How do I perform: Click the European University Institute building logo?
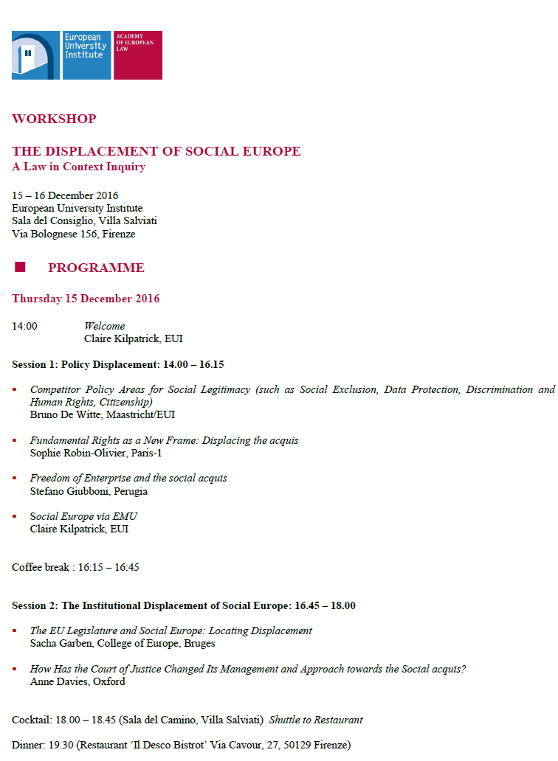point(35,55)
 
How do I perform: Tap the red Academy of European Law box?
point(137,55)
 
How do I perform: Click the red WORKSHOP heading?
point(54,119)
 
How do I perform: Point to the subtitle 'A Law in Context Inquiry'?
point(78,167)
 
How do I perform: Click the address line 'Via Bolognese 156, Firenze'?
point(73,234)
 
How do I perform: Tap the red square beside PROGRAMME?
point(20,267)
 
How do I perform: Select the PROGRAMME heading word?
point(96,268)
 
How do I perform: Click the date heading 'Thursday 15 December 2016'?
point(86,299)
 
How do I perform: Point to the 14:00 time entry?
point(24,326)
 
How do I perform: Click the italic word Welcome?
point(104,326)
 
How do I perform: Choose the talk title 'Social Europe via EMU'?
point(83,516)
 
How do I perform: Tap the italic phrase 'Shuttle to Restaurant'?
point(316,720)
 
